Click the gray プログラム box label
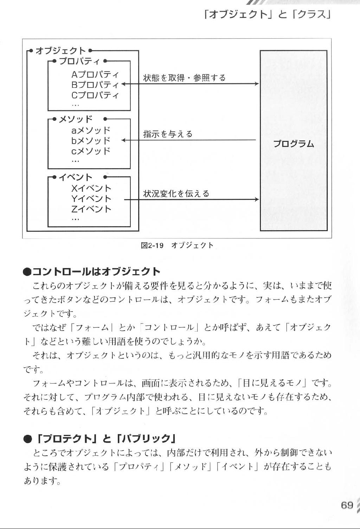point(294,144)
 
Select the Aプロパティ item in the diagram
point(95,74)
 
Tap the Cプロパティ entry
point(95,95)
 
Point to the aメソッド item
point(91,130)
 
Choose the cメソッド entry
point(91,151)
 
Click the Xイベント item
point(91,189)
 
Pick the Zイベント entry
point(91,209)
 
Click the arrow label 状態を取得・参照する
point(184,78)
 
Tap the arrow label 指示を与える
point(168,134)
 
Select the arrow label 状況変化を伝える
point(176,194)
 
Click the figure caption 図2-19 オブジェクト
point(177,246)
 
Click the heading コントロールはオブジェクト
point(96,272)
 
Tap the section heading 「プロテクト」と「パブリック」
point(106,439)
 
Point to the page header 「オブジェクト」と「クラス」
point(267,15)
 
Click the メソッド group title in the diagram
point(75,119)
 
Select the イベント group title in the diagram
point(75,177)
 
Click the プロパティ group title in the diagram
point(79,61)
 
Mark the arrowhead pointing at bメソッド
point(123,140)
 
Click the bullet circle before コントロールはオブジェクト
point(27,272)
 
